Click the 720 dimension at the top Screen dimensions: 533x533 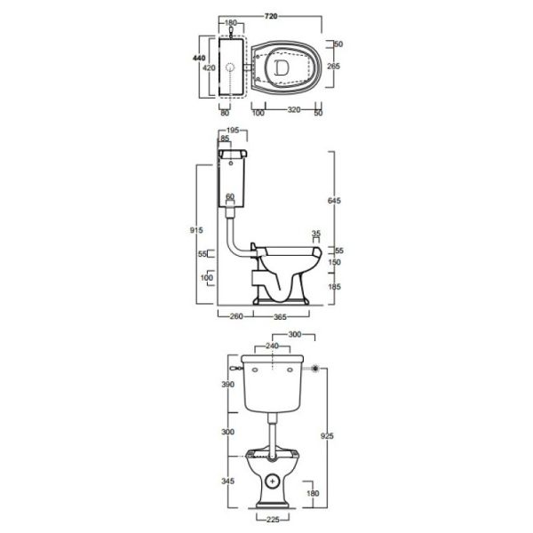(271, 16)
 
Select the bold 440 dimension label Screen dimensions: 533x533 (199, 58)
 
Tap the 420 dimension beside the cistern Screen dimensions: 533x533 (209, 68)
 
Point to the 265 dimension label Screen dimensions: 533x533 (333, 66)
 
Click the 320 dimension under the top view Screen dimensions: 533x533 (294, 110)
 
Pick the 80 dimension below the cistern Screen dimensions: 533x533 (225, 113)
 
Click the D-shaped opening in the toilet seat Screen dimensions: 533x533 (282, 68)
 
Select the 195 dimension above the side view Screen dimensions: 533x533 (232, 131)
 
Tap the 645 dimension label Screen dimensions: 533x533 (334, 201)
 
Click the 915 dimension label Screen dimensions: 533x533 (196, 230)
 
